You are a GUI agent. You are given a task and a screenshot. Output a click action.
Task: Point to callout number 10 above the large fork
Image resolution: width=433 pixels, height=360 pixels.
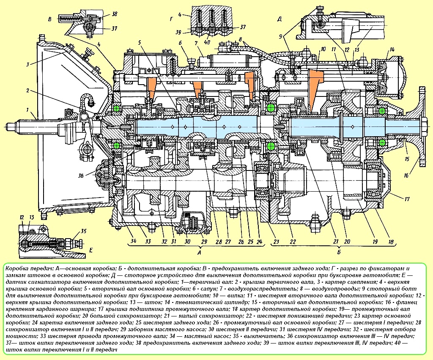(x=323, y=49)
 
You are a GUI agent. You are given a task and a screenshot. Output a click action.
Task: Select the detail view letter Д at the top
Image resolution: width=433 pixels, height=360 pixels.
(x=280, y=18)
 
